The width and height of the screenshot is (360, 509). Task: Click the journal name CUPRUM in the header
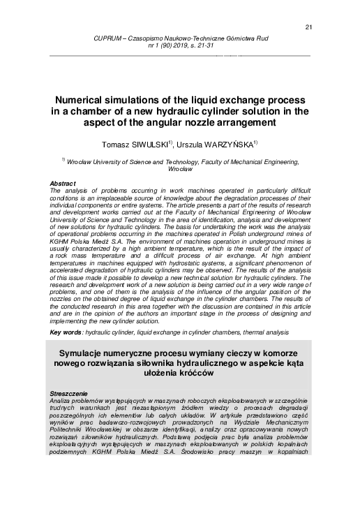97,38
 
